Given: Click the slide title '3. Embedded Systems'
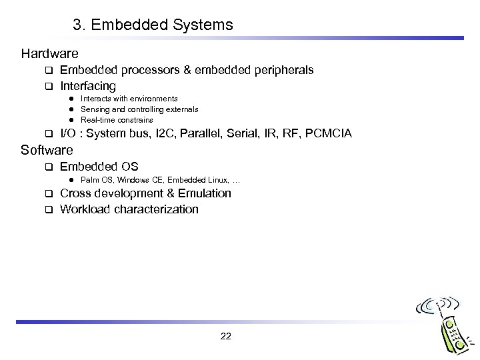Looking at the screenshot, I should coord(153,25).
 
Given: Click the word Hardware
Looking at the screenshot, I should coord(49,53).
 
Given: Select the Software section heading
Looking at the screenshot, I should coord(47,150).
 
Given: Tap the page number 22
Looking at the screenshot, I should coord(225,336).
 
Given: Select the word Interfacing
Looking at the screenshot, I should coord(88,86).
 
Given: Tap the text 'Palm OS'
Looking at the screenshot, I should coord(95,180).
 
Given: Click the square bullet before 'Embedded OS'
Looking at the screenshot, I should coord(48,167).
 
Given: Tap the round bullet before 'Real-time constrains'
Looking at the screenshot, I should coord(69,119).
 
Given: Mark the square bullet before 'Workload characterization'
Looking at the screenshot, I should coord(48,210).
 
